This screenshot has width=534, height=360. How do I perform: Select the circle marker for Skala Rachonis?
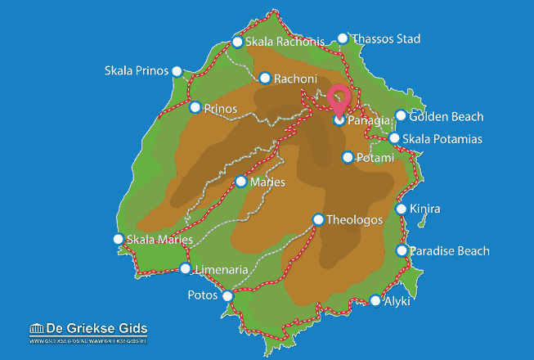pyautogui.click(x=237, y=42)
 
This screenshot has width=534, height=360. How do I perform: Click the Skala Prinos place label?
pyautogui.click(x=136, y=70)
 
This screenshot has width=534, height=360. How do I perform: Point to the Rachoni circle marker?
pyautogui.click(x=264, y=79)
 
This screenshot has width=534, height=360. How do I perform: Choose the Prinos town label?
pyautogui.click(x=222, y=108)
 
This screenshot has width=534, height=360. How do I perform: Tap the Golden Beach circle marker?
pyautogui.click(x=401, y=116)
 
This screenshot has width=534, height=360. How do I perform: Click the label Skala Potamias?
pyautogui.click(x=442, y=139)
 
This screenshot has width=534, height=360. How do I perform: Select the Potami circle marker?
pyautogui.click(x=348, y=157)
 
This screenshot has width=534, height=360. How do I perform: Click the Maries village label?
pyautogui.click(x=269, y=182)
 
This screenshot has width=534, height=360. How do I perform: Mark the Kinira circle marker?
pyautogui.click(x=402, y=209)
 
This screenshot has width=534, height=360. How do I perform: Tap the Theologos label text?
pyautogui.click(x=354, y=219)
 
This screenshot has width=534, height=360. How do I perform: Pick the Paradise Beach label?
pyautogui.click(x=449, y=251)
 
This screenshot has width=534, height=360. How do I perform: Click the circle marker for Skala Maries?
pyautogui.click(x=118, y=239)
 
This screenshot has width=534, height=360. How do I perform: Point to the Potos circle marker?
pyautogui.click(x=227, y=295)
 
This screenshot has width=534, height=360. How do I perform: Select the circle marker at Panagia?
pyautogui.click(x=339, y=120)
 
